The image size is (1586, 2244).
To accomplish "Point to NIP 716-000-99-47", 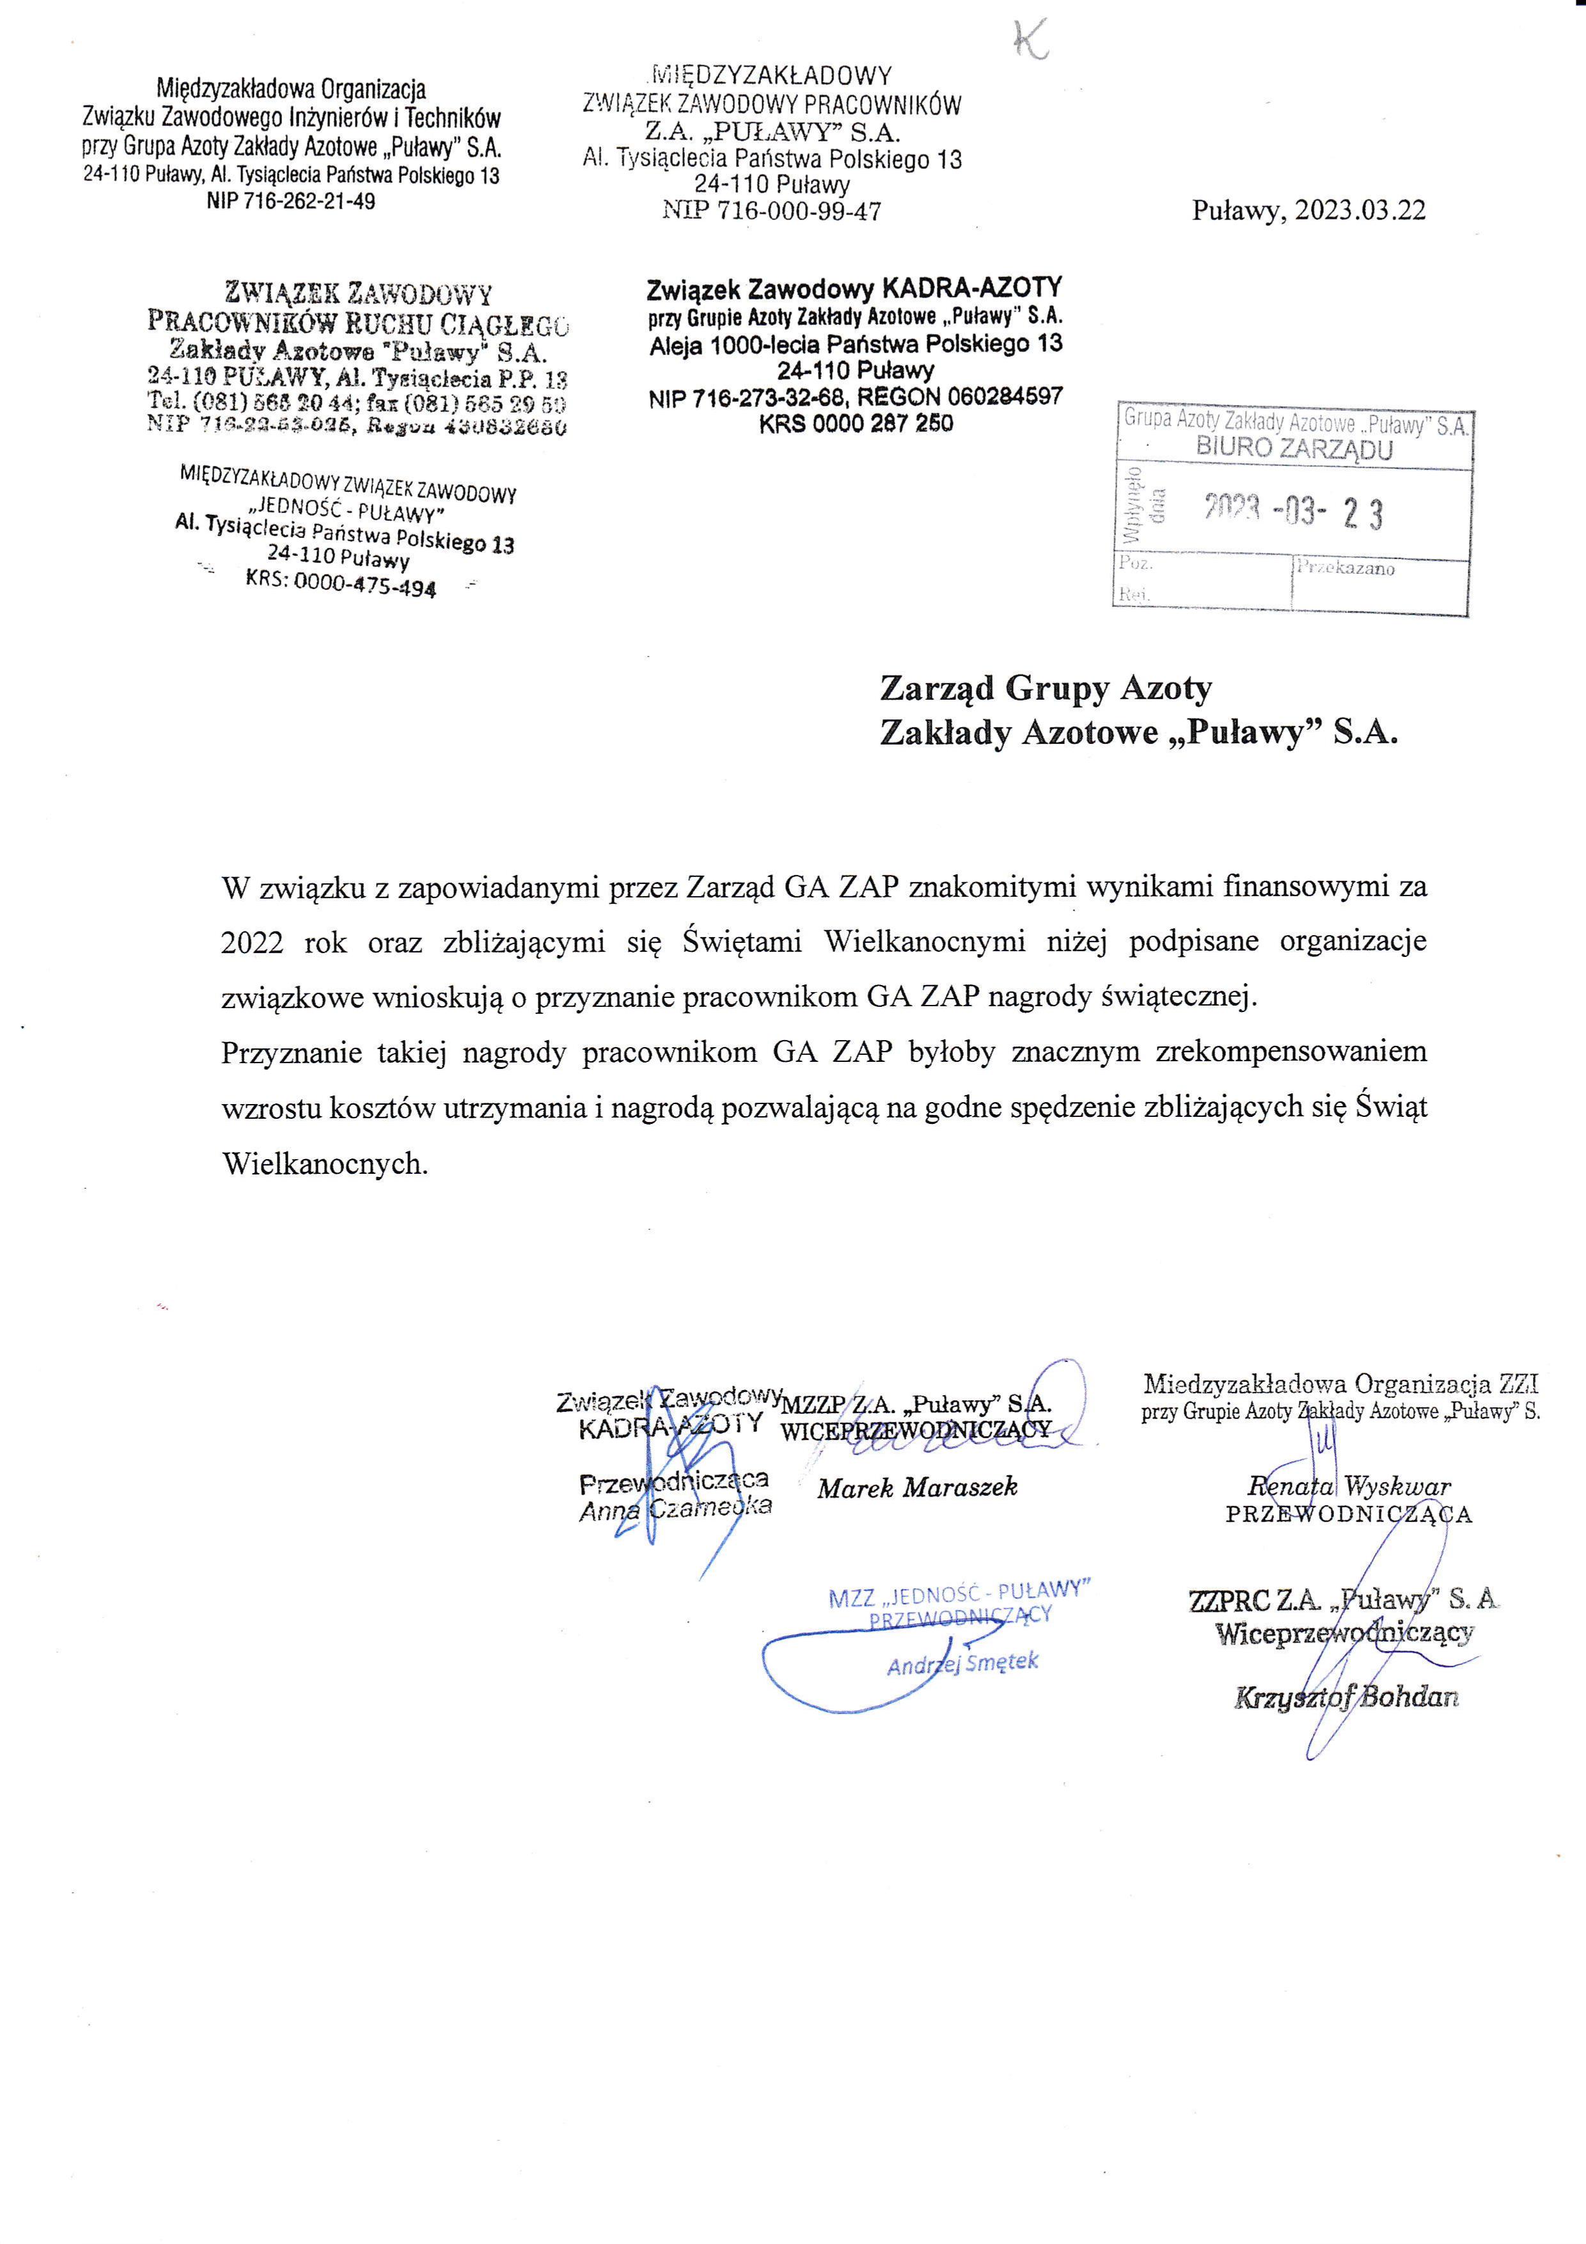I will (772, 211).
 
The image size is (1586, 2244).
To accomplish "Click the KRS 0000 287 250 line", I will (856, 423).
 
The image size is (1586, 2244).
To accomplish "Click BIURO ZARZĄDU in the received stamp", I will (1294, 450).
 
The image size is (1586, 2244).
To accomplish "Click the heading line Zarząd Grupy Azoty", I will (1046, 689).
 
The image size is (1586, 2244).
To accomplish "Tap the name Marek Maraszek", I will (918, 1487).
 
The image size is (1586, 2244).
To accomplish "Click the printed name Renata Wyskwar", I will (1349, 1487).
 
